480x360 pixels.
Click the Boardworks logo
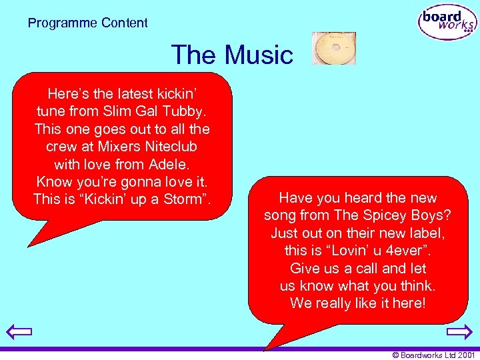(448, 23)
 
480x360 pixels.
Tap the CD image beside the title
(333, 49)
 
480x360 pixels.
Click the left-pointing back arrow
(19, 331)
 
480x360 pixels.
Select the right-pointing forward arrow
(459, 331)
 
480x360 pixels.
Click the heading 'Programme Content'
(88, 23)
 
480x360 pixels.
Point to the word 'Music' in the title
(259, 55)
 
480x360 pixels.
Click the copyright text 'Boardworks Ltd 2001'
(437, 355)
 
